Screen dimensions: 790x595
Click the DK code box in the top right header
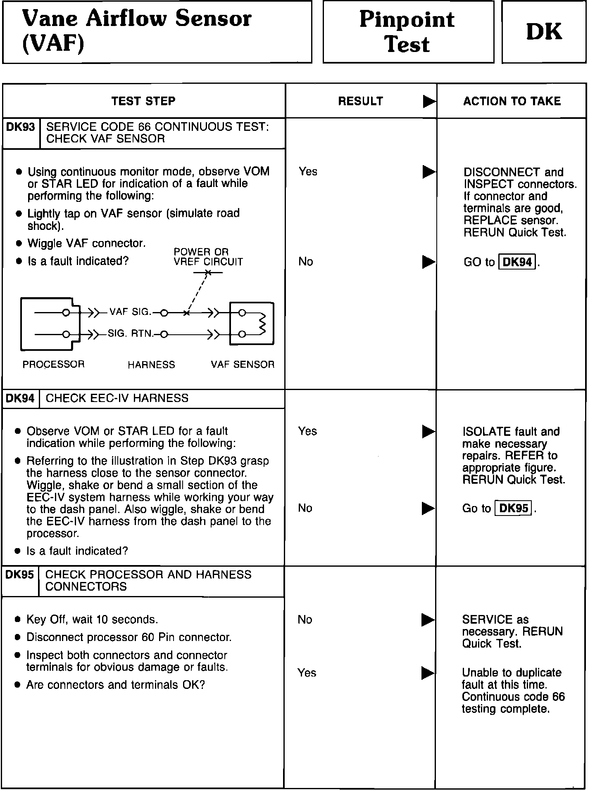[x=544, y=32]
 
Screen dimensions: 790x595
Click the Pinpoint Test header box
[x=408, y=32]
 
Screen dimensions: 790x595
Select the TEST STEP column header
[x=143, y=101]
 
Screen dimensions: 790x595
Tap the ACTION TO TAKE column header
[x=512, y=101]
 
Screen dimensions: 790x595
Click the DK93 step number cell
[x=21, y=127]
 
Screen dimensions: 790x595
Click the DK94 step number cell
[x=20, y=398]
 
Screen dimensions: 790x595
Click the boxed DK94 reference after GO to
[x=517, y=262]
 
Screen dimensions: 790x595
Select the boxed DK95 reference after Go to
[x=514, y=508]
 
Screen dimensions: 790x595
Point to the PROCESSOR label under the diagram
[x=53, y=364]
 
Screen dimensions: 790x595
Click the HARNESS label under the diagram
[x=151, y=365]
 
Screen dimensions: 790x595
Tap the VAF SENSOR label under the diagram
[x=243, y=364]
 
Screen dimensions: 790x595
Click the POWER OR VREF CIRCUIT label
[x=208, y=257]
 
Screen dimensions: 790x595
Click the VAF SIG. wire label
[x=130, y=312]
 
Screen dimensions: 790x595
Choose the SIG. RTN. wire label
[x=130, y=334]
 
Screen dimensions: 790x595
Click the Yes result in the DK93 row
[x=308, y=171]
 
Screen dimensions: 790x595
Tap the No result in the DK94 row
[x=305, y=508]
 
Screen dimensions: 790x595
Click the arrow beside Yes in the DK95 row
[x=428, y=673]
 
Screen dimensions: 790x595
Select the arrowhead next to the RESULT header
[x=429, y=102]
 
